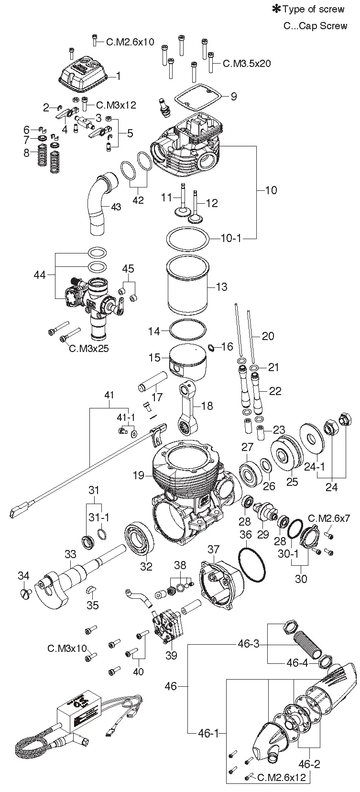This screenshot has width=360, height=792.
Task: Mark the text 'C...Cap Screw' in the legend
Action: click(x=315, y=25)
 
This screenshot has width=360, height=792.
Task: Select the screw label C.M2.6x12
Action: click(x=281, y=777)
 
